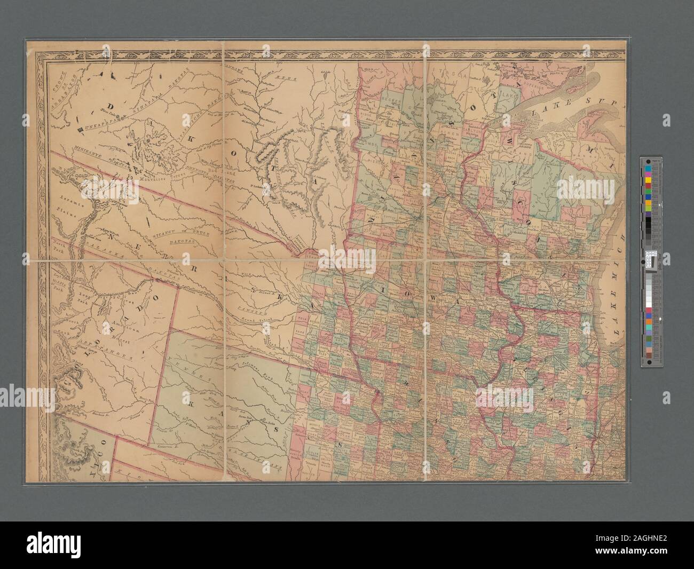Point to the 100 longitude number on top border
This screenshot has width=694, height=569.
click(x=279, y=62)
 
